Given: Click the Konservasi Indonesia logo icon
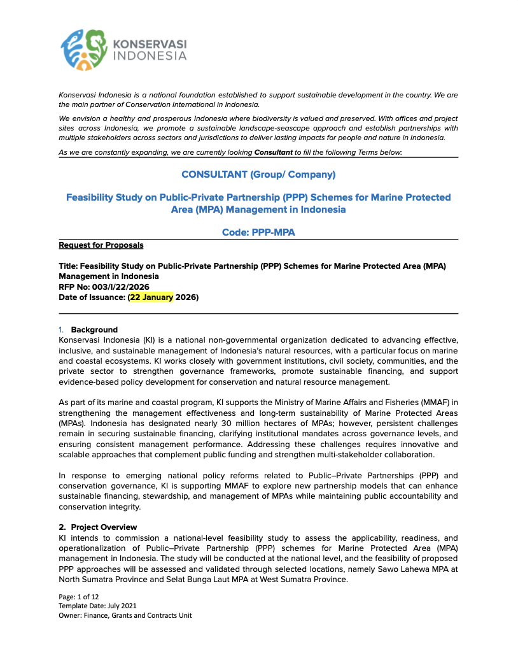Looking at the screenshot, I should tap(85, 49).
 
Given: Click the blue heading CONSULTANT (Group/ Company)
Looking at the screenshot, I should tap(258, 175).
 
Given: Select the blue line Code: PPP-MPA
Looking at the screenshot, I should tap(258, 232).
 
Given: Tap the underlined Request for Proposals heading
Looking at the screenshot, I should tap(101, 245).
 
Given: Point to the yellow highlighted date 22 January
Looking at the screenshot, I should tap(151, 297).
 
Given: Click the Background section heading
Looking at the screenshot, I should tap(94, 330).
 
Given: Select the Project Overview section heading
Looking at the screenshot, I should tap(104, 527).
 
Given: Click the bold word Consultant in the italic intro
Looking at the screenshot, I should tap(274, 152).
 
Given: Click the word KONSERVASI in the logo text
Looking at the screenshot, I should tap(150, 45).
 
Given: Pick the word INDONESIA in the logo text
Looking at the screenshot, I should tap(150, 56).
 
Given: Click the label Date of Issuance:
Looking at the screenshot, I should tap(92, 297).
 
